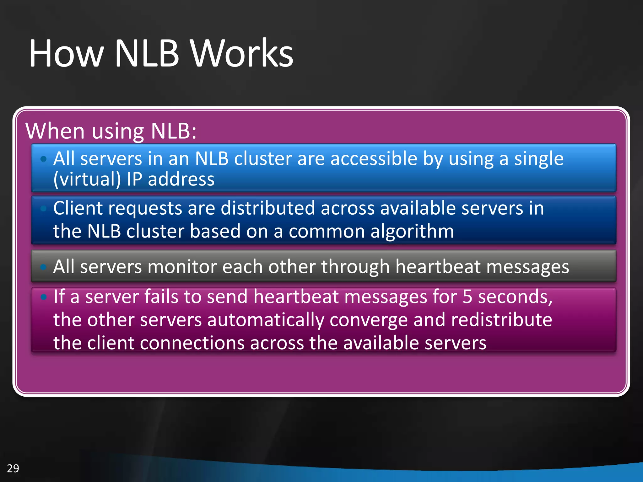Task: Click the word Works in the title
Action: (242, 53)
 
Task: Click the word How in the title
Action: (66, 53)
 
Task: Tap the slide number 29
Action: (13, 468)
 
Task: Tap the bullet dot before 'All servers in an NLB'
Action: (44, 159)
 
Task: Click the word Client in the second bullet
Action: (78, 208)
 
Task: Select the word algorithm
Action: (412, 232)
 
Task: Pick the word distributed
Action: (268, 208)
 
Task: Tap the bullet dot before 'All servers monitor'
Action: (44, 267)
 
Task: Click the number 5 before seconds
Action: (467, 297)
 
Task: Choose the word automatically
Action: (265, 320)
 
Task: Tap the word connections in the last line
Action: (192, 343)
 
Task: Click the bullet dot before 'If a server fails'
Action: (44, 297)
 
